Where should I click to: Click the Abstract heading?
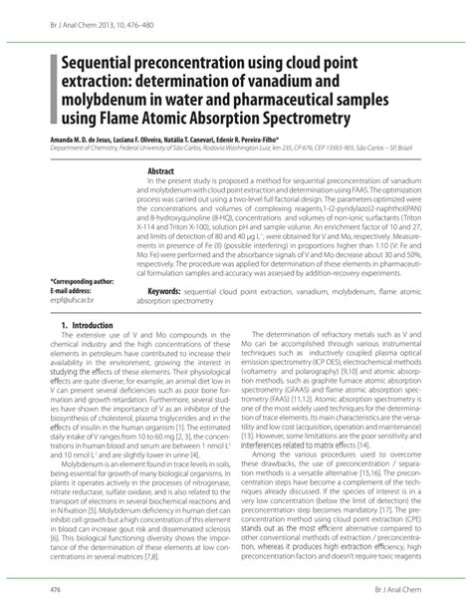click(161, 171)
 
